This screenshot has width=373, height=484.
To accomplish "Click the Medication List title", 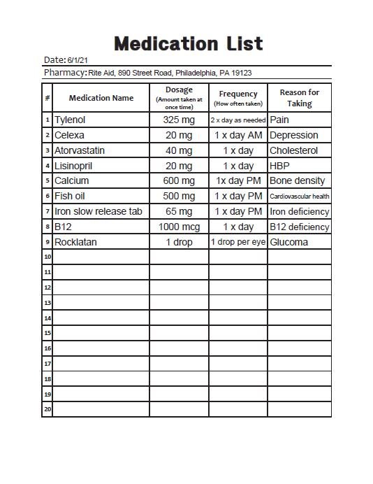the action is (189, 43).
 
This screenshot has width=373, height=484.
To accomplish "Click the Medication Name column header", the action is (101, 98).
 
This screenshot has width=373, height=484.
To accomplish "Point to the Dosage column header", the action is (179, 98).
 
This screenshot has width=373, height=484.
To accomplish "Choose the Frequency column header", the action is (238, 98).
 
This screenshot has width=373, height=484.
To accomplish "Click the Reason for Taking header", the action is (299, 98).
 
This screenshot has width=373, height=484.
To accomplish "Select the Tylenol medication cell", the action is (70, 120).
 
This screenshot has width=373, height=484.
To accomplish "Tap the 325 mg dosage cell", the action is (178, 120).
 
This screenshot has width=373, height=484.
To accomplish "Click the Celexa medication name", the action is (69, 135).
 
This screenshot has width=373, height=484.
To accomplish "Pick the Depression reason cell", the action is (293, 135).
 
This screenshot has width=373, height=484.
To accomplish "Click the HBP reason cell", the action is (279, 166).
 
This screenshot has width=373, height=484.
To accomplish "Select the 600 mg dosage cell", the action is (178, 180).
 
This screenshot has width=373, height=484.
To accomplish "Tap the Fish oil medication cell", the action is (70, 196).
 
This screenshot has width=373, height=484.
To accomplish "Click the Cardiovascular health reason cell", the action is (299, 197).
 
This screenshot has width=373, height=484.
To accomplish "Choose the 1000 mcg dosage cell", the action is (179, 227).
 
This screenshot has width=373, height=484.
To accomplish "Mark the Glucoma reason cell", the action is (288, 242).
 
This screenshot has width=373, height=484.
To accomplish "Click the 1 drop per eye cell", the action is (238, 242).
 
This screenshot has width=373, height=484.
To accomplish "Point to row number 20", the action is (47, 409).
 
